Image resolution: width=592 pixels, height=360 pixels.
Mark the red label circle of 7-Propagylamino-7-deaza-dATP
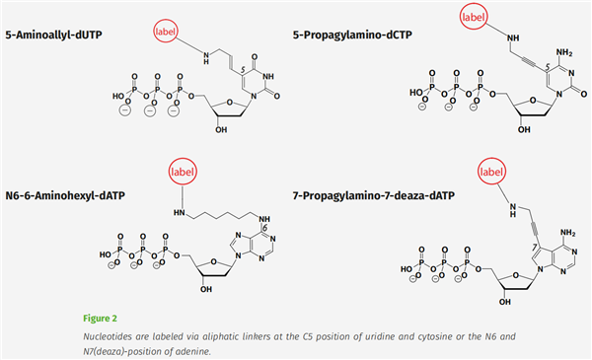[x=495, y=174]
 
